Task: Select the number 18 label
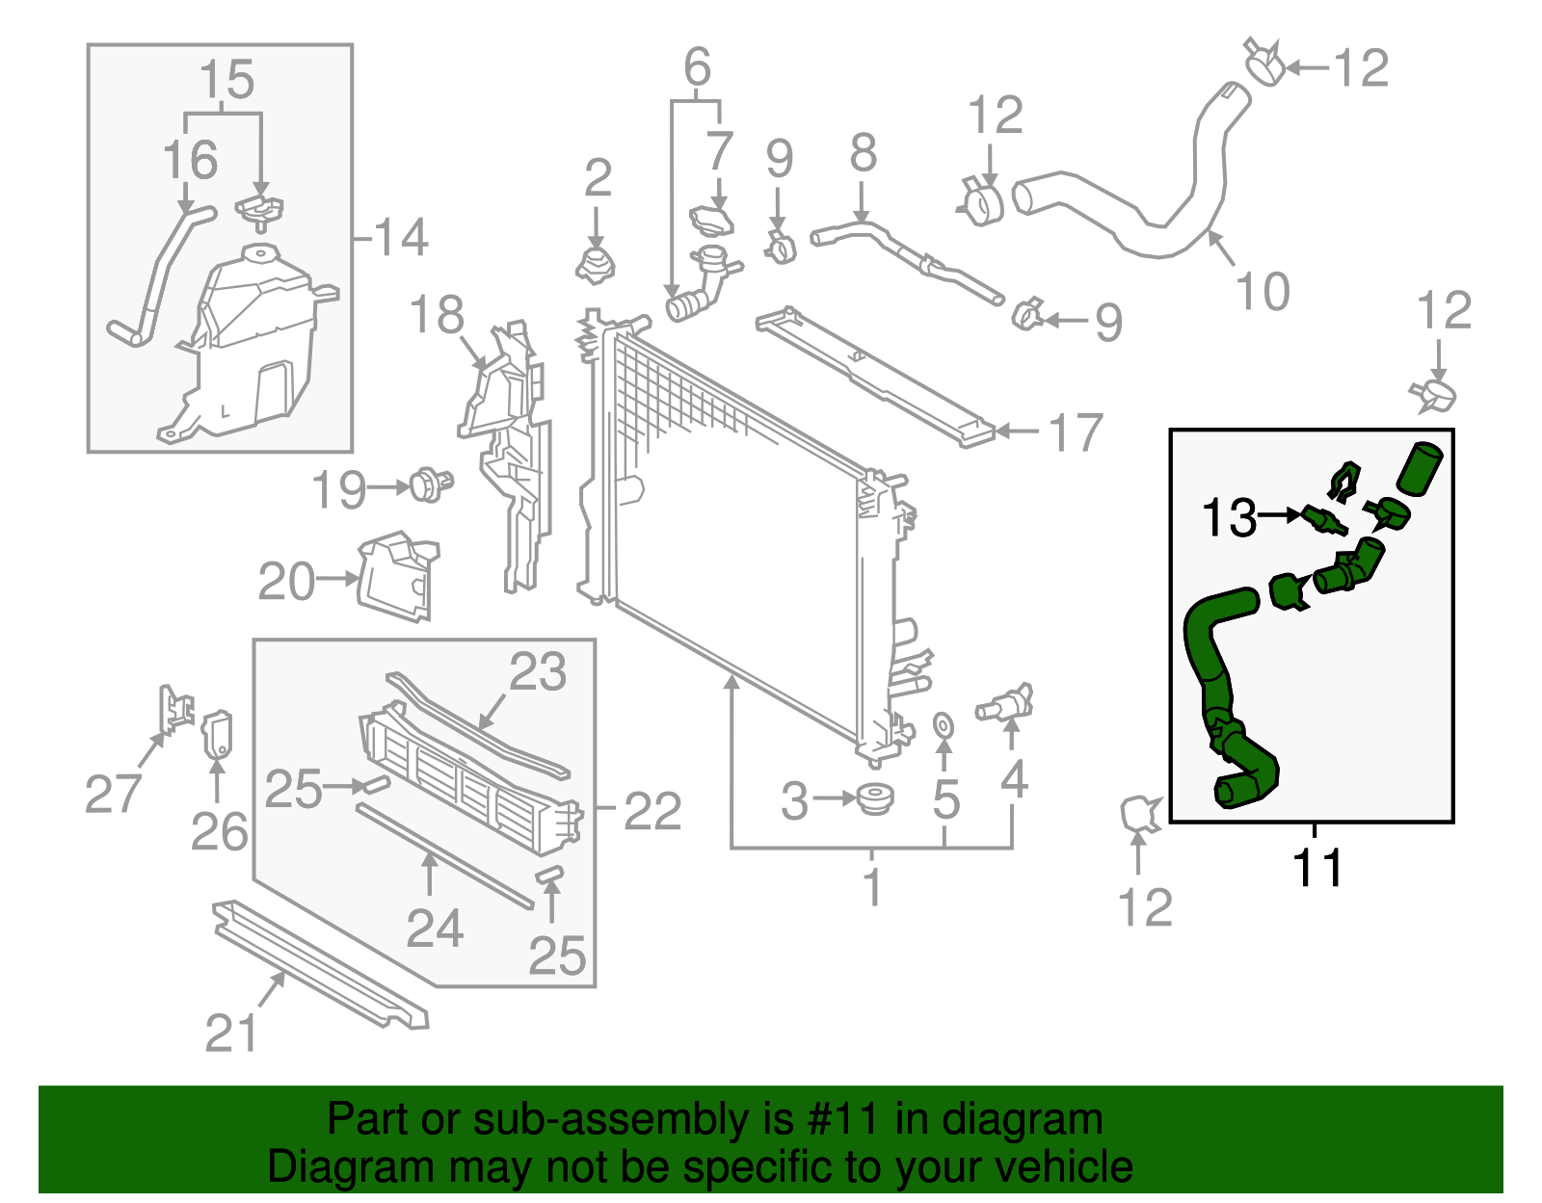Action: [437, 316]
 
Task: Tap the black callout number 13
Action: [1229, 517]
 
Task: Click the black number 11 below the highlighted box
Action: [1316, 868]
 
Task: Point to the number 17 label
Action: [1076, 432]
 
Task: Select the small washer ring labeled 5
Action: [944, 723]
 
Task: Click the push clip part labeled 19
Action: [430, 484]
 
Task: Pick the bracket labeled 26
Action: [217, 735]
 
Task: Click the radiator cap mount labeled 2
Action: [597, 265]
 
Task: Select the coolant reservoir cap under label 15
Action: [259, 210]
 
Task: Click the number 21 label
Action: [231, 1033]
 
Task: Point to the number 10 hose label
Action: [1262, 291]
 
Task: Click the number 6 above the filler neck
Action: [697, 67]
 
